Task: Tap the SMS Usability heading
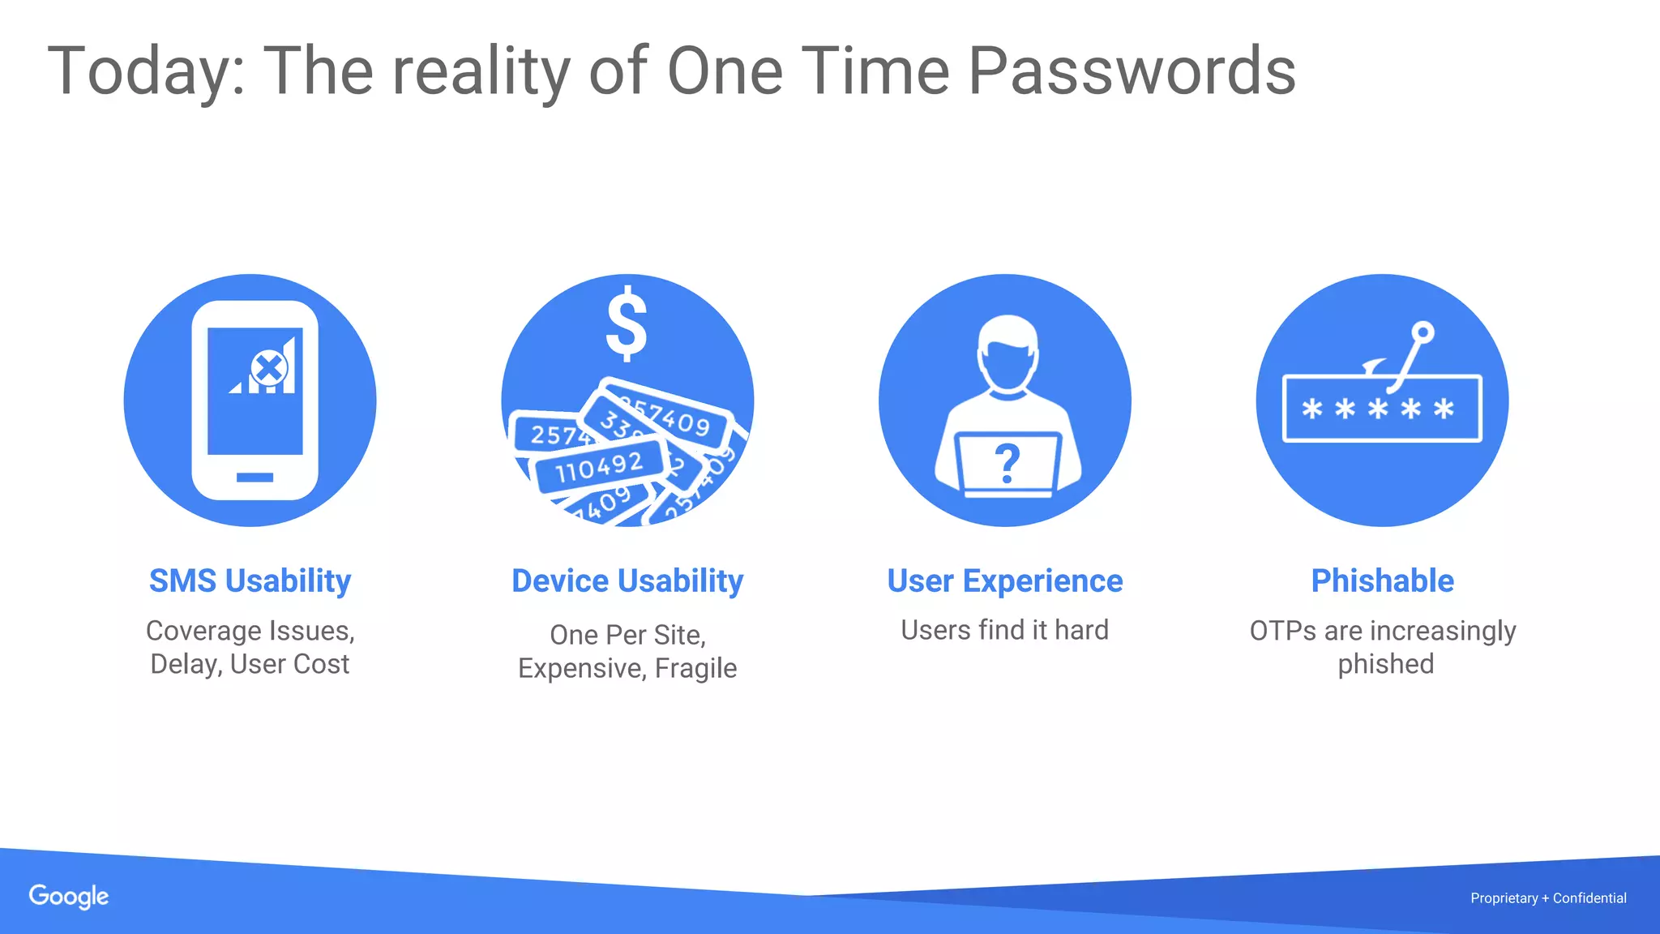(250, 581)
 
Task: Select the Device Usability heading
(627, 581)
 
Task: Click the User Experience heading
(1004, 581)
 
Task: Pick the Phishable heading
(1382, 581)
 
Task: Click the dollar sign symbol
(627, 323)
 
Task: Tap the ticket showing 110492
(599, 467)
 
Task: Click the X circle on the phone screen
(268, 369)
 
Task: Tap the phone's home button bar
(255, 478)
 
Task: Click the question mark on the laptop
(1007, 464)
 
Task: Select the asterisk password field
(1382, 409)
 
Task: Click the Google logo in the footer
(69, 897)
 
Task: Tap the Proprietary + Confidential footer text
(1548, 898)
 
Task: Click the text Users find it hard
(1004, 630)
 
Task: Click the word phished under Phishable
(1385, 664)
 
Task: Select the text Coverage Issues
(250, 631)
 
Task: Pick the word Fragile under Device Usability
(695, 669)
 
